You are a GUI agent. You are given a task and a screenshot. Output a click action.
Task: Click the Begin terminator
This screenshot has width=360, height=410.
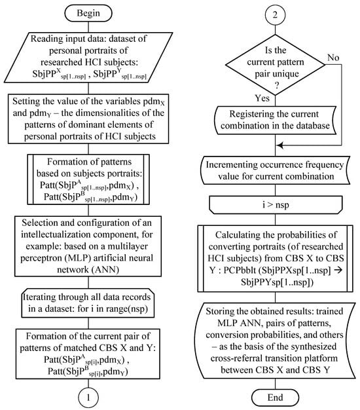(x=88, y=13)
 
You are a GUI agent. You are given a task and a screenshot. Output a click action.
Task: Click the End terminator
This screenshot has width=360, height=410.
(x=275, y=398)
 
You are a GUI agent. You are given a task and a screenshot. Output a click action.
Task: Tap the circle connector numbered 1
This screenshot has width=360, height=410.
(x=88, y=398)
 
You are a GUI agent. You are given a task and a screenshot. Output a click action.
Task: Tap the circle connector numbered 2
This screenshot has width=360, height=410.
(x=275, y=14)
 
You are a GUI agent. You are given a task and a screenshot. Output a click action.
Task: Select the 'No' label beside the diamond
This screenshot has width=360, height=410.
(x=333, y=57)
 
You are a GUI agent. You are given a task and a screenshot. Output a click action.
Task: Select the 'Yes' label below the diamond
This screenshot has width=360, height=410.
(x=262, y=98)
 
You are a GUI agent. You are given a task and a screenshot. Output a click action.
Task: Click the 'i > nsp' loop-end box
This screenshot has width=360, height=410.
(x=276, y=205)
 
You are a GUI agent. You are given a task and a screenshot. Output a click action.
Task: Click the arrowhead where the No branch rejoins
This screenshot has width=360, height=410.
(x=279, y=145)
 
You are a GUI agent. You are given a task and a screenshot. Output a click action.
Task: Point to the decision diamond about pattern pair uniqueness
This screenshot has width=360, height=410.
(x=276, y=65)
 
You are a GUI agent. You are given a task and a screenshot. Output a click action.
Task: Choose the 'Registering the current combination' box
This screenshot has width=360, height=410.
(x=275, y=120)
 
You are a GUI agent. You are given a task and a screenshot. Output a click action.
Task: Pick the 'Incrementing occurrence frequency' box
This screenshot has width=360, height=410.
(x=275, y=170)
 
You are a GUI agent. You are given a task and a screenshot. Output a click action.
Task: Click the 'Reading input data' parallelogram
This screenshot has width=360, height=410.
(x=88, y=58)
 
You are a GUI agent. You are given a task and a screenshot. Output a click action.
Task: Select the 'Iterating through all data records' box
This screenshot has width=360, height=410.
(x=88, y=303)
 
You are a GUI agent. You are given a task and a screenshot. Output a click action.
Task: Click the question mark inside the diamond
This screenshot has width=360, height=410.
(x=276, y=86)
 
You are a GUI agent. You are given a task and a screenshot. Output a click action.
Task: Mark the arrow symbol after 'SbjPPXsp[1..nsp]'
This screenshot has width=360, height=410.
(x=338, y=270)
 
